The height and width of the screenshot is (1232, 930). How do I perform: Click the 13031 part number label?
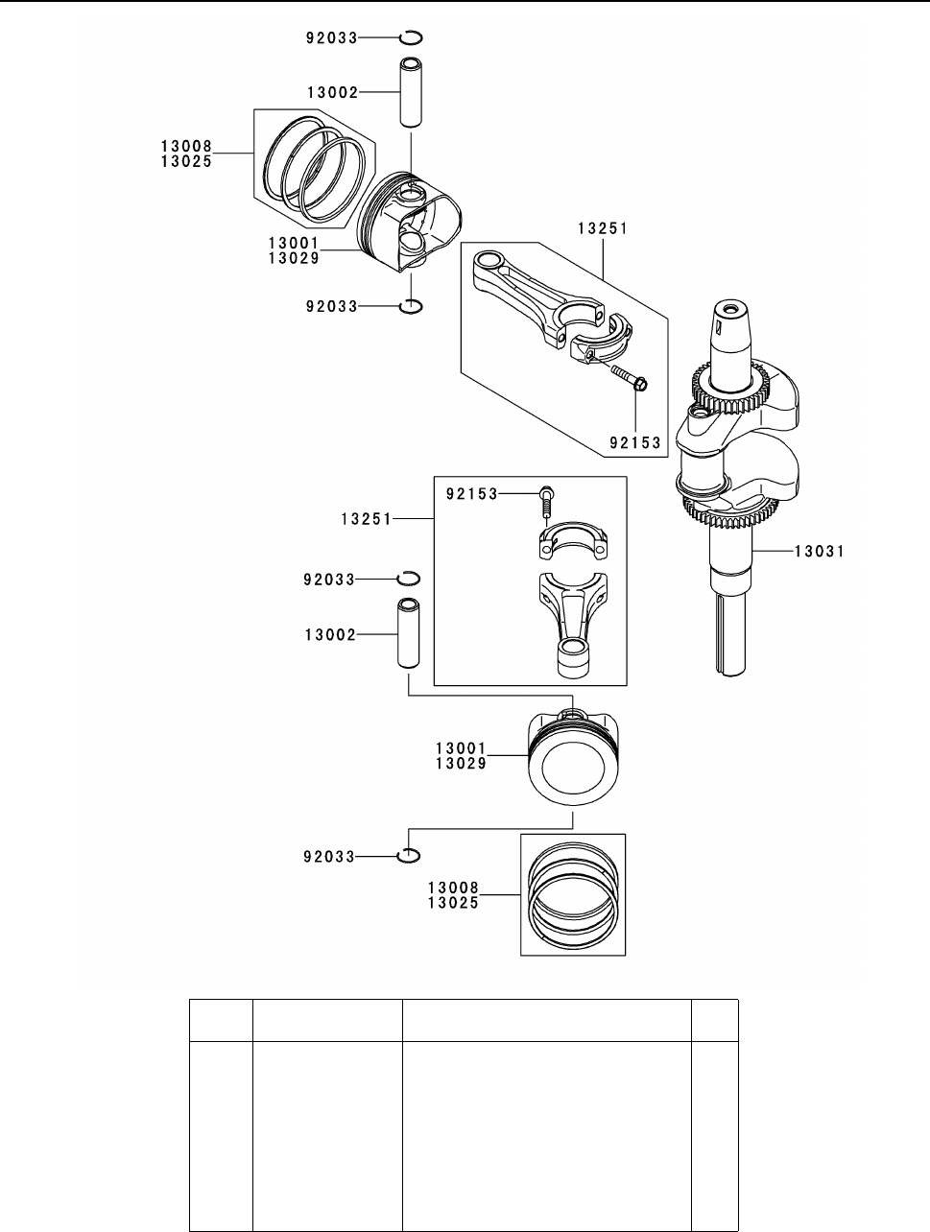click(820, 552)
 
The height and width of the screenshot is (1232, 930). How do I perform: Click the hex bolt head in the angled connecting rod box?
click(640, 385)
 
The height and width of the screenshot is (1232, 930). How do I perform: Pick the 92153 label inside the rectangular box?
click(472, 494)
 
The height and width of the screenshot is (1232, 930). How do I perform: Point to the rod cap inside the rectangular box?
click(573, 540)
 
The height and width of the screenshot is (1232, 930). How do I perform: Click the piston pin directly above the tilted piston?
click(410, 91)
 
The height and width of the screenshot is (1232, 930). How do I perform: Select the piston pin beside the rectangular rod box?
click(408, 633)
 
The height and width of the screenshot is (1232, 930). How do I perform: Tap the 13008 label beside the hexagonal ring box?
click(186, 146)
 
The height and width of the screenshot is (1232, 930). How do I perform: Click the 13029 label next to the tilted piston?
click(294, 258)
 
